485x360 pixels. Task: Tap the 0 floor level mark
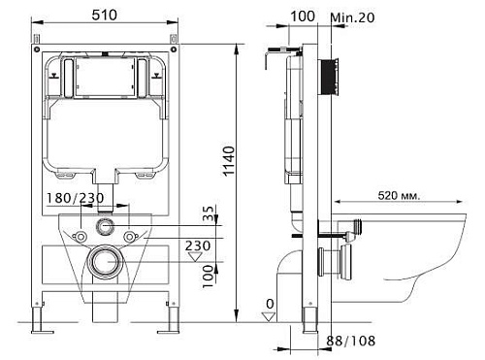pyautogui.click(x=269, y=303)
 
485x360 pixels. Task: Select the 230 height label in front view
pyautogui.click(x=198, y=246)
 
